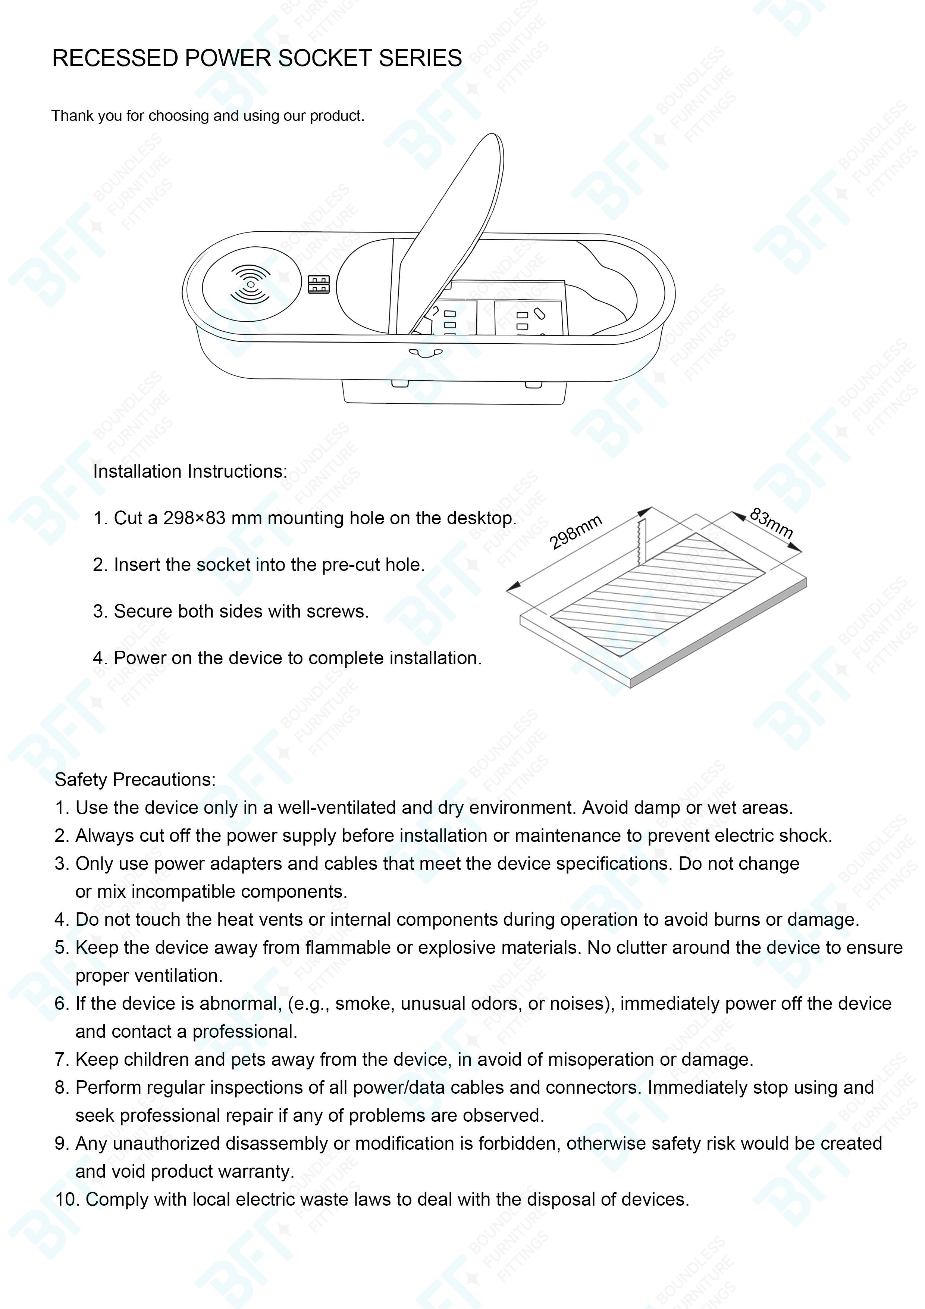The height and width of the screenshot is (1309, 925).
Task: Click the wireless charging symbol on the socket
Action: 251,284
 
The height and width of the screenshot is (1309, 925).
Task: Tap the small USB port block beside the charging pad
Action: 319,284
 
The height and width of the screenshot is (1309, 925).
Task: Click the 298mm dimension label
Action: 576,531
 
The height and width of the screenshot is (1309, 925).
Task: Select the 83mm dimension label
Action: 771,523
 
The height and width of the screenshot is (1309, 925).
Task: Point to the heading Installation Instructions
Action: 190,472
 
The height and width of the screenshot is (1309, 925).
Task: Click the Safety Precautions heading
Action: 135,780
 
